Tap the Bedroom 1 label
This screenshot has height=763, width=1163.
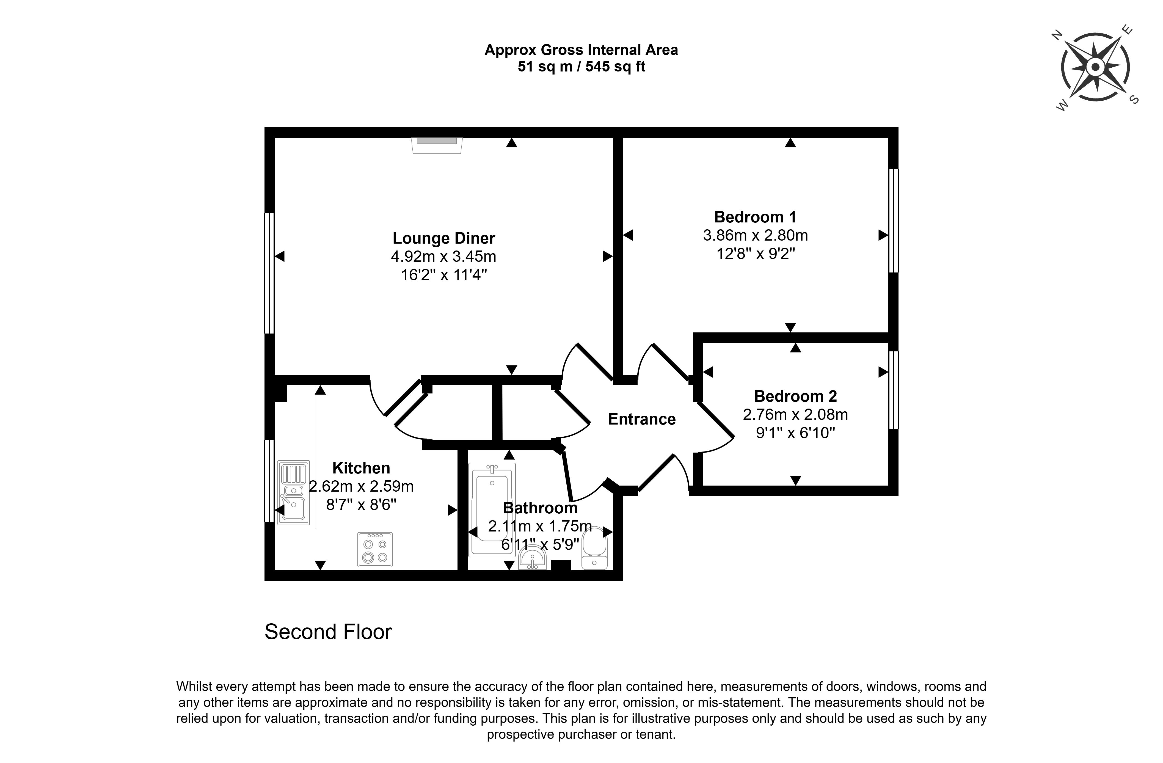755,217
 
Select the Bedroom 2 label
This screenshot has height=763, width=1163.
795,396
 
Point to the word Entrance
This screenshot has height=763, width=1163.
642,419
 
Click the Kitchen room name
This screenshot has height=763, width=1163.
361,468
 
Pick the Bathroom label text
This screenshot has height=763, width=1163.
540,508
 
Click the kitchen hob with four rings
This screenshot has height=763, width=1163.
375,549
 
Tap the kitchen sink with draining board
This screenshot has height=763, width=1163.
293,492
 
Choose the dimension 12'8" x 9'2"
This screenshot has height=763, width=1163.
756,254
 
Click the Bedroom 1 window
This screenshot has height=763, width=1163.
893,221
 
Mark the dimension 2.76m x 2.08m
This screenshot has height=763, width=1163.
795,414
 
